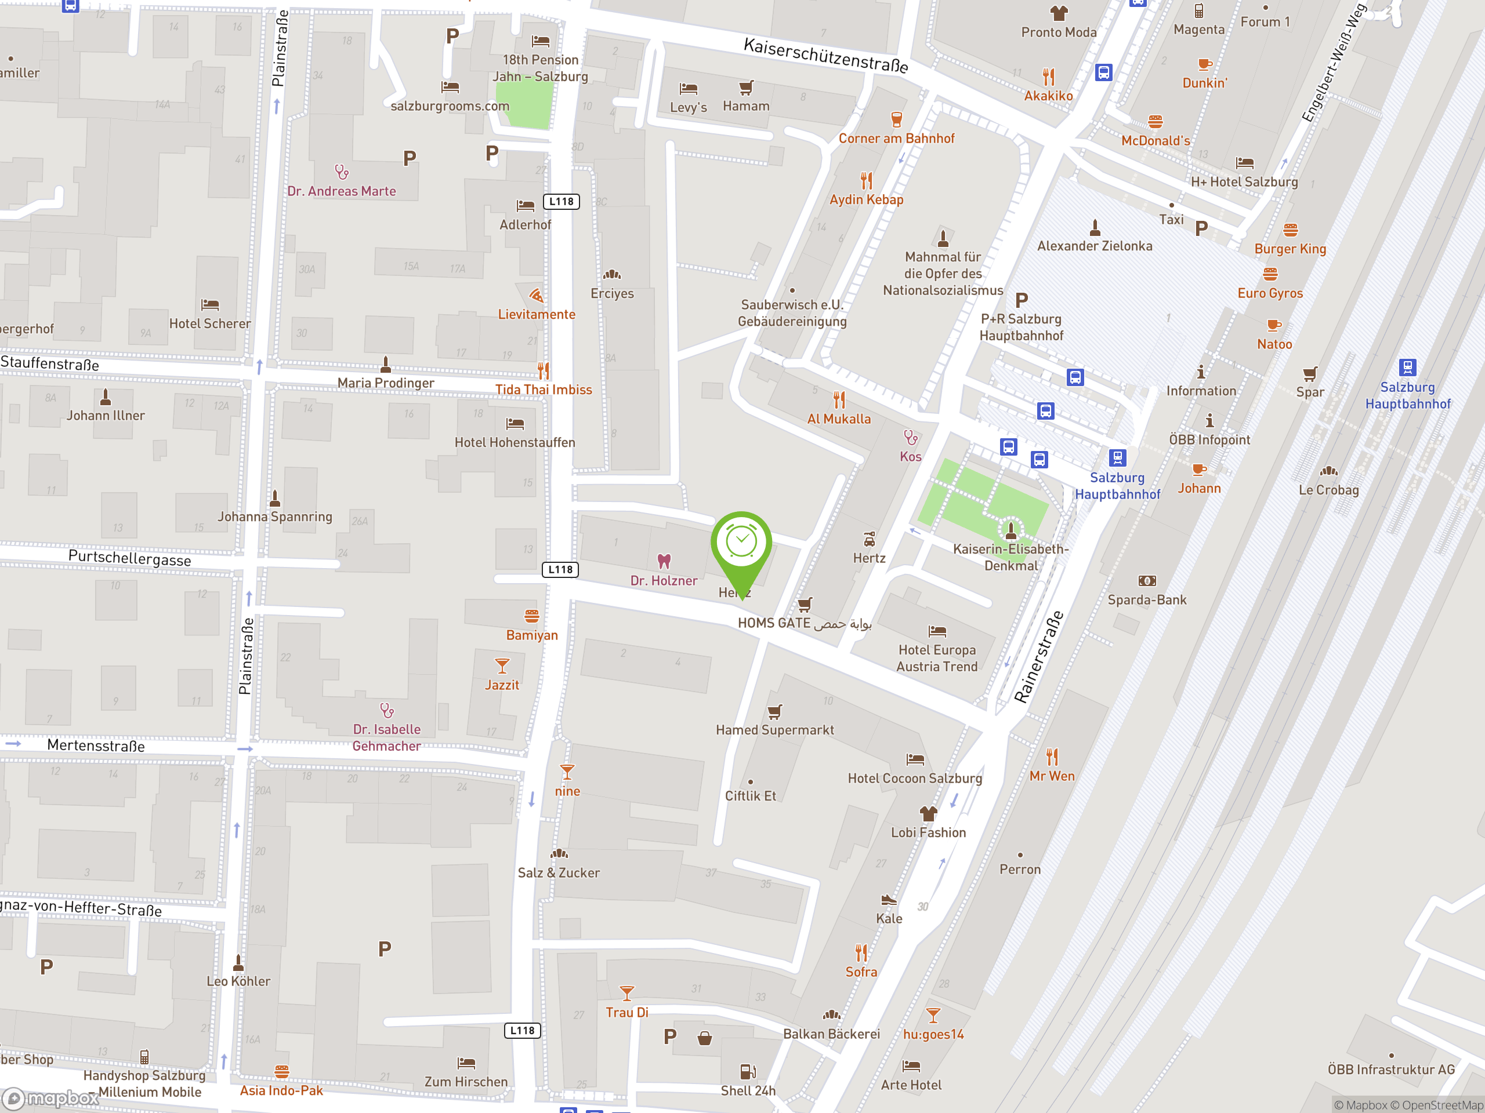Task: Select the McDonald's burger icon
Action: (x=1156, y=121)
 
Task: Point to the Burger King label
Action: (x=1290, y=249)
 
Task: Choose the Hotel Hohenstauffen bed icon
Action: (x=515, y=423)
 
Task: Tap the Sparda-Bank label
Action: (x=1147, y=600)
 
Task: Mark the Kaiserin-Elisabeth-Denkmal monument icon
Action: (x=1011, y=530)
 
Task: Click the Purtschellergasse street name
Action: (x=129, y=558)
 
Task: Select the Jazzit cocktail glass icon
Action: (x=502, y=665)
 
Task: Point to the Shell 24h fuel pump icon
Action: (x=748, y=1071)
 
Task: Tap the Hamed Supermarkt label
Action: (x=775, y=730)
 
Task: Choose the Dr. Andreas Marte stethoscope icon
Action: (x=342, y=172)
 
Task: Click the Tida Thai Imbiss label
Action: (x=543, y=390)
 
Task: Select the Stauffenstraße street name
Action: (x=50, y=363)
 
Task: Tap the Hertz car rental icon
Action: (x=870, y=539)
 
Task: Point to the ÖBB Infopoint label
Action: (x=1209, y=440)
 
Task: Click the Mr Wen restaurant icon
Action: (x=1052, y=756)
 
